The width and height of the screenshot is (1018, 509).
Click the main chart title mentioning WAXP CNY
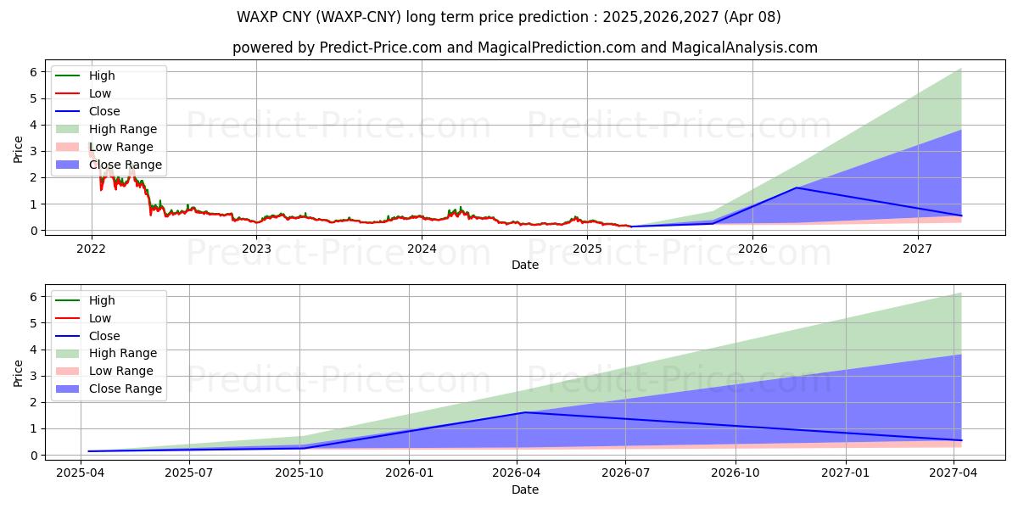point(508,17)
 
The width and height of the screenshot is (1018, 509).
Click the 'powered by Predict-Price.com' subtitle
point(525,48)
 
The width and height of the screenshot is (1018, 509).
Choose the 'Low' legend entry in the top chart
point(99,93)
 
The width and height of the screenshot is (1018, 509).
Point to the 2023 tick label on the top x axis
point(256,249)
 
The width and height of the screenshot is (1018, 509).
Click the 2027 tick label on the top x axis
point(917,249)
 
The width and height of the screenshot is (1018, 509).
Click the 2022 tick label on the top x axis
point(91,249)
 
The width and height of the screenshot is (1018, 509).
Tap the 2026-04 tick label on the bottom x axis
point(517,473)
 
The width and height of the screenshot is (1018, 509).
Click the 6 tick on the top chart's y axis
point(34,72)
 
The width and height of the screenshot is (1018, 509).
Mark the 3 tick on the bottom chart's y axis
point(34,376)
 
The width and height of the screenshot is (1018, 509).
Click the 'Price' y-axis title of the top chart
point(18,149)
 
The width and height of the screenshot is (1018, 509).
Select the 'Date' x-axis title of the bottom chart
point(524,489)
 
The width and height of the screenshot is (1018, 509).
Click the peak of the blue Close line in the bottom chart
point(524,412)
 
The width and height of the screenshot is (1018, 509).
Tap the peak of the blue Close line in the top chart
point(796,187)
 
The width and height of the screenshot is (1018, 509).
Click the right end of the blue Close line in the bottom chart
point(961,440)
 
